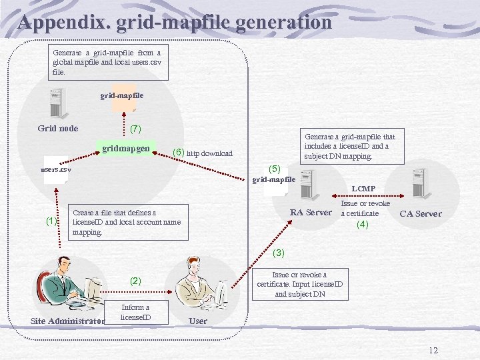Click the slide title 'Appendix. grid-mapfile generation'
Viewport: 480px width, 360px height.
click(175, 23)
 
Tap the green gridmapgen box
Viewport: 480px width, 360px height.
click(126, 147)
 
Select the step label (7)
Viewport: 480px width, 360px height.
click(135, 128)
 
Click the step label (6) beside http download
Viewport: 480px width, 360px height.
click(178, 153)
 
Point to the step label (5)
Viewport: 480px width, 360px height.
click(275, 169)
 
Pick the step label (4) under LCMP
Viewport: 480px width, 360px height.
click(362, 225)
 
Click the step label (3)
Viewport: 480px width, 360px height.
click(279, 253)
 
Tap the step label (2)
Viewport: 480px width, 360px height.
click(136, 281)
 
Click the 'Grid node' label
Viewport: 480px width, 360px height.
click(58, 129)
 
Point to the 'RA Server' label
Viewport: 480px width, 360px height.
click(311, 213)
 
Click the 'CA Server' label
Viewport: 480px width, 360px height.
click(420, 214)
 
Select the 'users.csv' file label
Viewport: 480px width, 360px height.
click(56, 169)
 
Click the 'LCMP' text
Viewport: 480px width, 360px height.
click(363, 189)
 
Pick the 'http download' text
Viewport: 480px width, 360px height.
click(209, 153)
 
